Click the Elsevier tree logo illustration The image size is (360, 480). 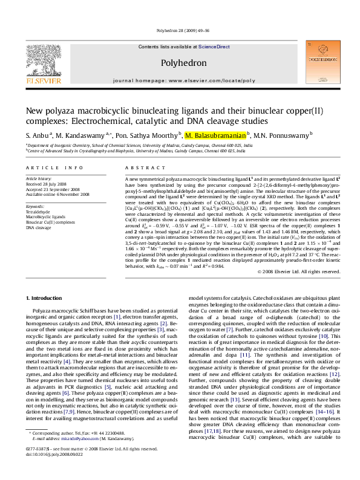click(43, 60)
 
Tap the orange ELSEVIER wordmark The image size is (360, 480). click(43, 80)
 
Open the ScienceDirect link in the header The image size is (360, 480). click(214, 47)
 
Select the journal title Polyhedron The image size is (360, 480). click(184, 63)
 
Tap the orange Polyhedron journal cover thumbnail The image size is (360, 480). click(323, 62)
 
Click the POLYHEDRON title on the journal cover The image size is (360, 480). click(323, 60)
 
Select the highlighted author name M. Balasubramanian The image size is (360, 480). click(215, 136)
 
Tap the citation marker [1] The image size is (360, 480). click(117, 317)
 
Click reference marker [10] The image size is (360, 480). click(324, 336)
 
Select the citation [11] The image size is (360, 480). click(245, 355)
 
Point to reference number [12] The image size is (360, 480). click(335, 374)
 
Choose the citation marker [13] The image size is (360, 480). click(235, 400)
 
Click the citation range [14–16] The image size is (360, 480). click(325, 412)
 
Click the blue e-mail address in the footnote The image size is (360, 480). click(80, 439)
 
